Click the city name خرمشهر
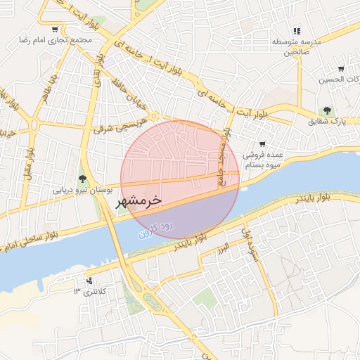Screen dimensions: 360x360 pos(139,200)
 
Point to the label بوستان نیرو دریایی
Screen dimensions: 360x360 pos(83,189)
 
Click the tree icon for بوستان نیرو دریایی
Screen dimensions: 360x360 pos(83,179)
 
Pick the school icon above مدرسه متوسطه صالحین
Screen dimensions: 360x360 pos(297,31)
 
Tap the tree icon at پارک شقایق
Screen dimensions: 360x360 pos(327,110)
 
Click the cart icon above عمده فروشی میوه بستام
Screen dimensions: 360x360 pos(262,144)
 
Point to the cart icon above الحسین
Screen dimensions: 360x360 pos(341,69)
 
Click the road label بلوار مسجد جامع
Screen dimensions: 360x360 pos(224,155)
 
